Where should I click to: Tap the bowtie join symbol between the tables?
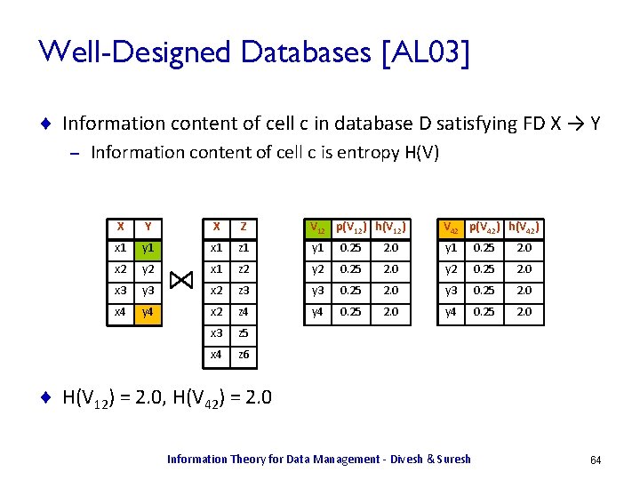point(180,280)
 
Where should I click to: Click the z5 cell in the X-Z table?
point(244,333)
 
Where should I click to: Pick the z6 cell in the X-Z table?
point(244,355)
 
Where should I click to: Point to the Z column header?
point(244,227)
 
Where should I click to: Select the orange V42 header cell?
point(452,227)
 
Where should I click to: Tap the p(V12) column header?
point(355,226)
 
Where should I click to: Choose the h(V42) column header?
point(524,226)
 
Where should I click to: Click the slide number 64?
point(596,460)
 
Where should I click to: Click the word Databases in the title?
point(290,53)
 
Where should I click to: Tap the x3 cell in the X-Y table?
point(121,291)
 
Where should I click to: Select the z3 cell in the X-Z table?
point(244,291)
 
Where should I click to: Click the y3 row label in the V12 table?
point(316,291)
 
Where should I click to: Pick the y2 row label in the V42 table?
point(450,269)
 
